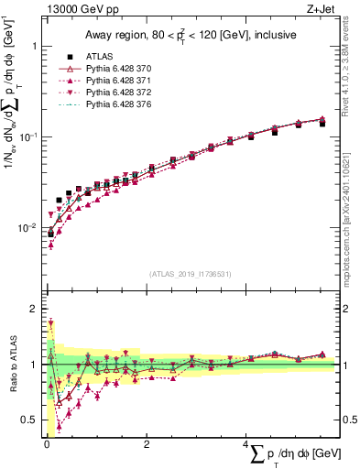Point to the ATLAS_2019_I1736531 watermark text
[x=190, y=274]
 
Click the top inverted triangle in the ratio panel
[x=50, y=322]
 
